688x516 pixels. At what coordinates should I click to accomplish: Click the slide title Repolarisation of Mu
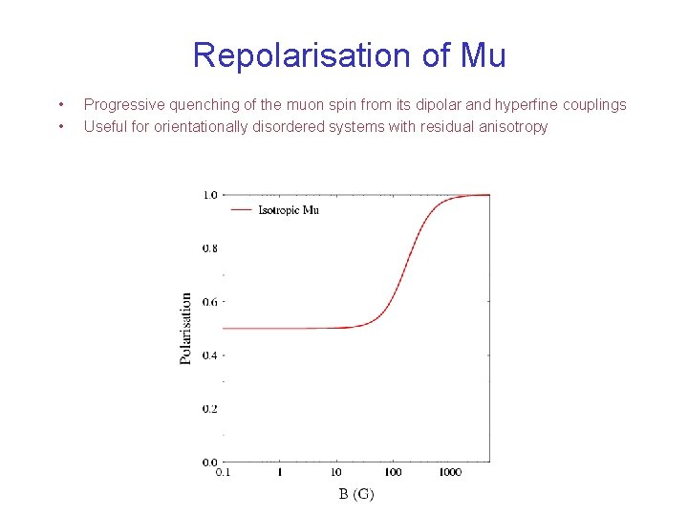pyautogui.click(x=349, y=55)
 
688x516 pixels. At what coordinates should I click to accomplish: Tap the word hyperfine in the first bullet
pyautogui.click(x=515, y=104)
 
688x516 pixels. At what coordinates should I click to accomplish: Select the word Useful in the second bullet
pyautogui.click(x=105, y=126)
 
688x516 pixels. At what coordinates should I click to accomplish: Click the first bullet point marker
pyautogui.click(x=60, y=104)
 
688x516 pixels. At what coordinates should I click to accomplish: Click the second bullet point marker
pyautogui.click(x=60, y=126)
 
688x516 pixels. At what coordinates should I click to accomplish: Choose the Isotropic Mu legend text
pyautogui.click(x=289, y=209)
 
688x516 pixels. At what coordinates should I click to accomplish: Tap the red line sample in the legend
pyautogui.click(x=242, y=209)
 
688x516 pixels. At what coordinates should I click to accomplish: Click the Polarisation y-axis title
pyautogui.click(x=186, y=328)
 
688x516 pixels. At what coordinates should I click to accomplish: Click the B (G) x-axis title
pyautogui.click(x=355, y=494)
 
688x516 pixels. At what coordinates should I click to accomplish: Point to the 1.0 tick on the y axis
pyautogui.click(x=209, y=195)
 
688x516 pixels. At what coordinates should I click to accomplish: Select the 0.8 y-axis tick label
pyautogui.click(x=209, y=248)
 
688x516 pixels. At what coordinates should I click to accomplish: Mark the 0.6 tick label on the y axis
pyautogui.click(x=209, y=302)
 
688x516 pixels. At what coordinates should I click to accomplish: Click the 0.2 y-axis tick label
pyautogui.click(x=209, y=409)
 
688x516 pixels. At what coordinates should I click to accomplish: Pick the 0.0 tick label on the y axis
pyautogui.click(x=209, y=462)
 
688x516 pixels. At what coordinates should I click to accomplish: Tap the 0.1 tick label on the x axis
pyautogui.click(x=223, y=472)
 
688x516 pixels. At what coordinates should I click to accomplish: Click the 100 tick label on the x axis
pyautogui.click(x=393, y=472)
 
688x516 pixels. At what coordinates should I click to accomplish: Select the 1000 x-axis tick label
pyautogui.click(x=450, y=472)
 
